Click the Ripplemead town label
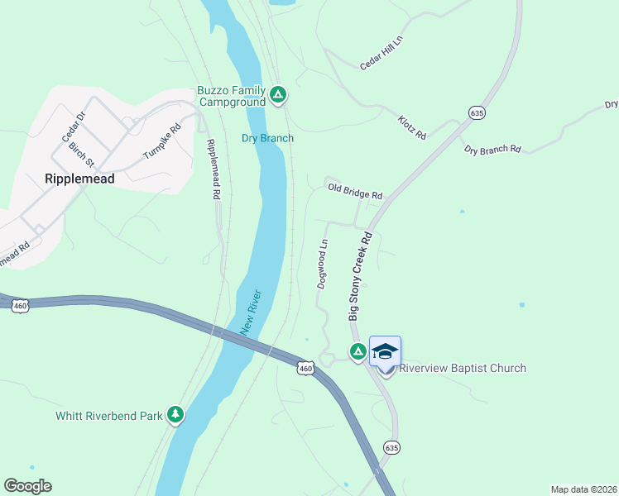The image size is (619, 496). pos(79,178)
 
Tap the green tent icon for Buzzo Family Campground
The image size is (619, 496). pos(279,96)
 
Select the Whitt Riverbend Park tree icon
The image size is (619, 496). pos(175,414)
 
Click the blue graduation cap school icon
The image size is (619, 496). pos(385,352)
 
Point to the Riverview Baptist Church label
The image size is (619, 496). pos(463,368)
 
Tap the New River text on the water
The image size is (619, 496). pos(251,312)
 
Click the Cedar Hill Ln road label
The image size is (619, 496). pos(381,56)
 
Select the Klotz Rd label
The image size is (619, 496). pos(411,127)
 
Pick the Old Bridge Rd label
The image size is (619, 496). pos(355,192)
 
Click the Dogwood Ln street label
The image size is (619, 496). pos(323,265)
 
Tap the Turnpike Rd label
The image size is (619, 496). pos(161,142)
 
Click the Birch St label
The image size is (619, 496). pos(82,153)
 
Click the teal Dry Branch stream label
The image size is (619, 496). pos(267,138)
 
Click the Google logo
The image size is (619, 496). pos(27,486)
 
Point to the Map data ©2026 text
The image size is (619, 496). pos(583,489)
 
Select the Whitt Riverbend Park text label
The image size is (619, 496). pos(109,416)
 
